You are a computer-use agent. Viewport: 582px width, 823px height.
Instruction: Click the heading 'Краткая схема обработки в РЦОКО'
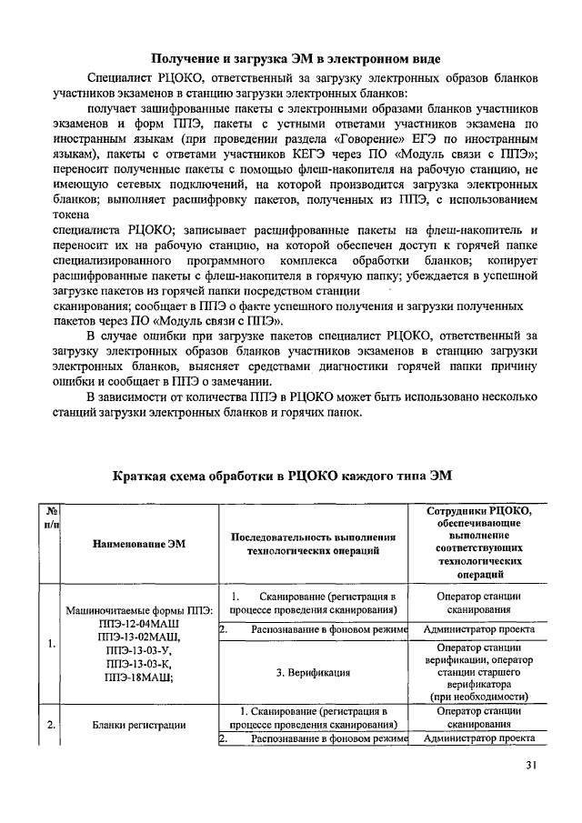tap(289, 476)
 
